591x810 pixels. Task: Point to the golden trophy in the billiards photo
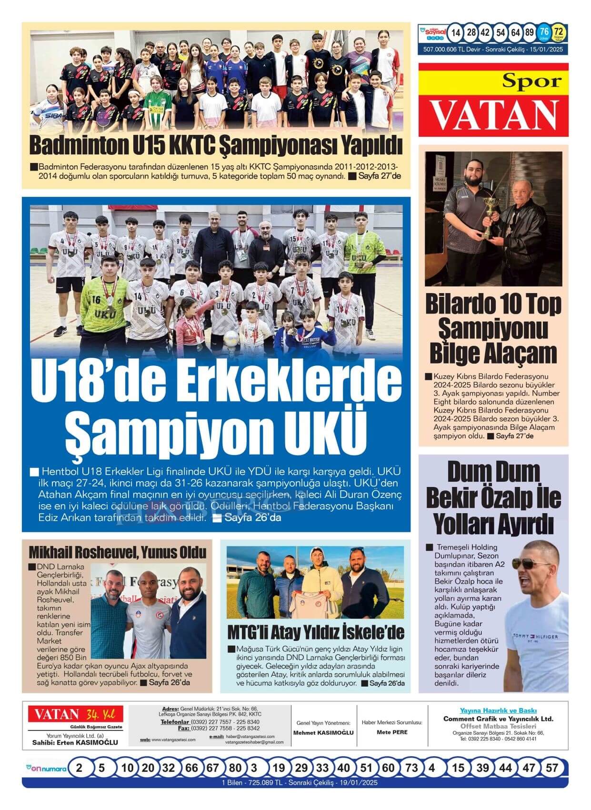pos(489,217)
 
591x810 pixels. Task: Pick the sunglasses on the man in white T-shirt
pos(531,563)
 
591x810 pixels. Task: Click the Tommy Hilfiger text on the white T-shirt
pos(534,637)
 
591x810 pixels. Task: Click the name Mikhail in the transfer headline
pos(53,552)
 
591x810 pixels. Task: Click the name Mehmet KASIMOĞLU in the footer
pos(323,732)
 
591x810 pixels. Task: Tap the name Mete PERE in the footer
pos(392,732)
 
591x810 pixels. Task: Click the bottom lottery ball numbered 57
pos(551,768)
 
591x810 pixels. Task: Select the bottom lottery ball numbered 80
pos(235,768)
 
